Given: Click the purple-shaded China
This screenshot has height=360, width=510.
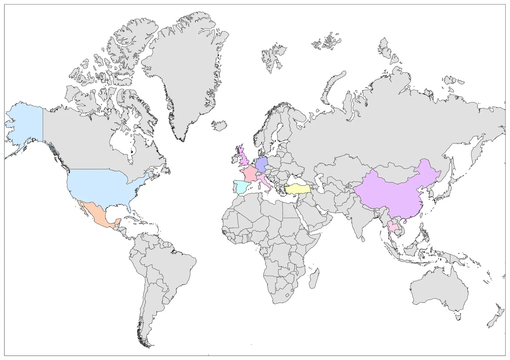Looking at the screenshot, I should point(391,194).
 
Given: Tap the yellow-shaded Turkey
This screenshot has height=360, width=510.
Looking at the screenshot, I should point(298,189).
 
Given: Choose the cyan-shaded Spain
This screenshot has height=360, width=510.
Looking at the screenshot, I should point(240,187).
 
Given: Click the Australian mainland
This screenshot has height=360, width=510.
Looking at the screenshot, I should point(439,289).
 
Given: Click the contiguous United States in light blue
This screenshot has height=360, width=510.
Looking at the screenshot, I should point(102,187).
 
